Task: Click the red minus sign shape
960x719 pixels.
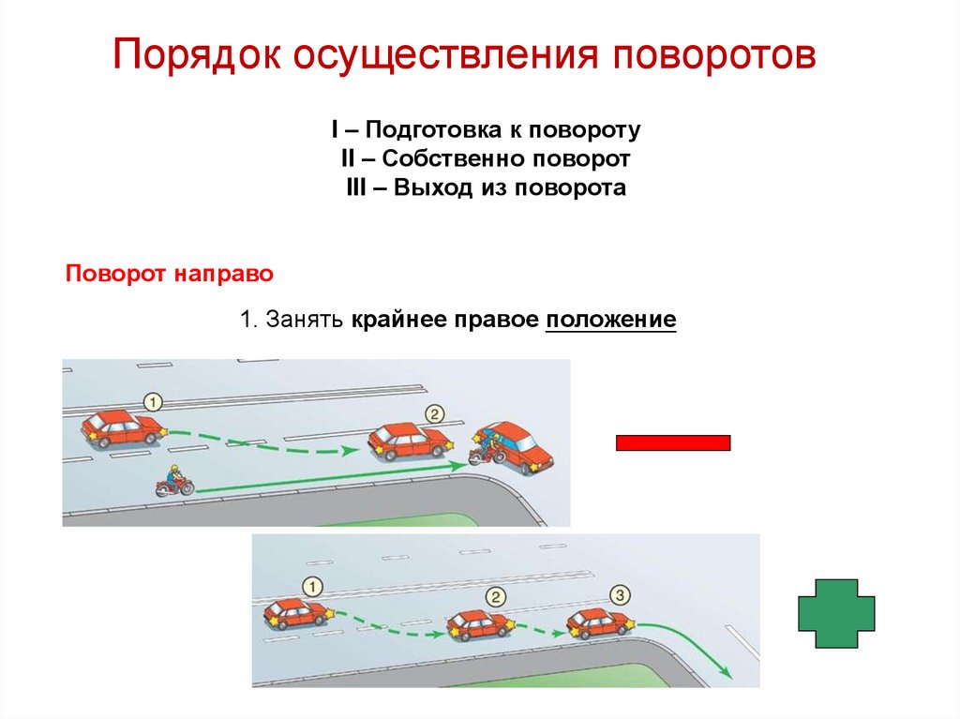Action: [x=672, y=442]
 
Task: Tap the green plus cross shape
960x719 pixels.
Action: [x=835, y=613]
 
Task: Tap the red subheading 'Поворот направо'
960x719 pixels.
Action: [x=169, y=275]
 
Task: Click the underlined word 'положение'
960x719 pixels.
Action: [x=611, y=320]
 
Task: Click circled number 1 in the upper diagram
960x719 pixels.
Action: [x=154, y=401]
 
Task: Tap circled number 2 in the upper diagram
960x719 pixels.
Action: [x=433, y=413]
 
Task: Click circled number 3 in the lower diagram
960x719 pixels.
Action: [x=619, y=593]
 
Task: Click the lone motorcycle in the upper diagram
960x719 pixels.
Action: [x=174, y=483]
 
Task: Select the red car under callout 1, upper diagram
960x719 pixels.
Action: [x=122, y=428]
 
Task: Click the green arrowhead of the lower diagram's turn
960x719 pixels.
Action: [x=726, y=669]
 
